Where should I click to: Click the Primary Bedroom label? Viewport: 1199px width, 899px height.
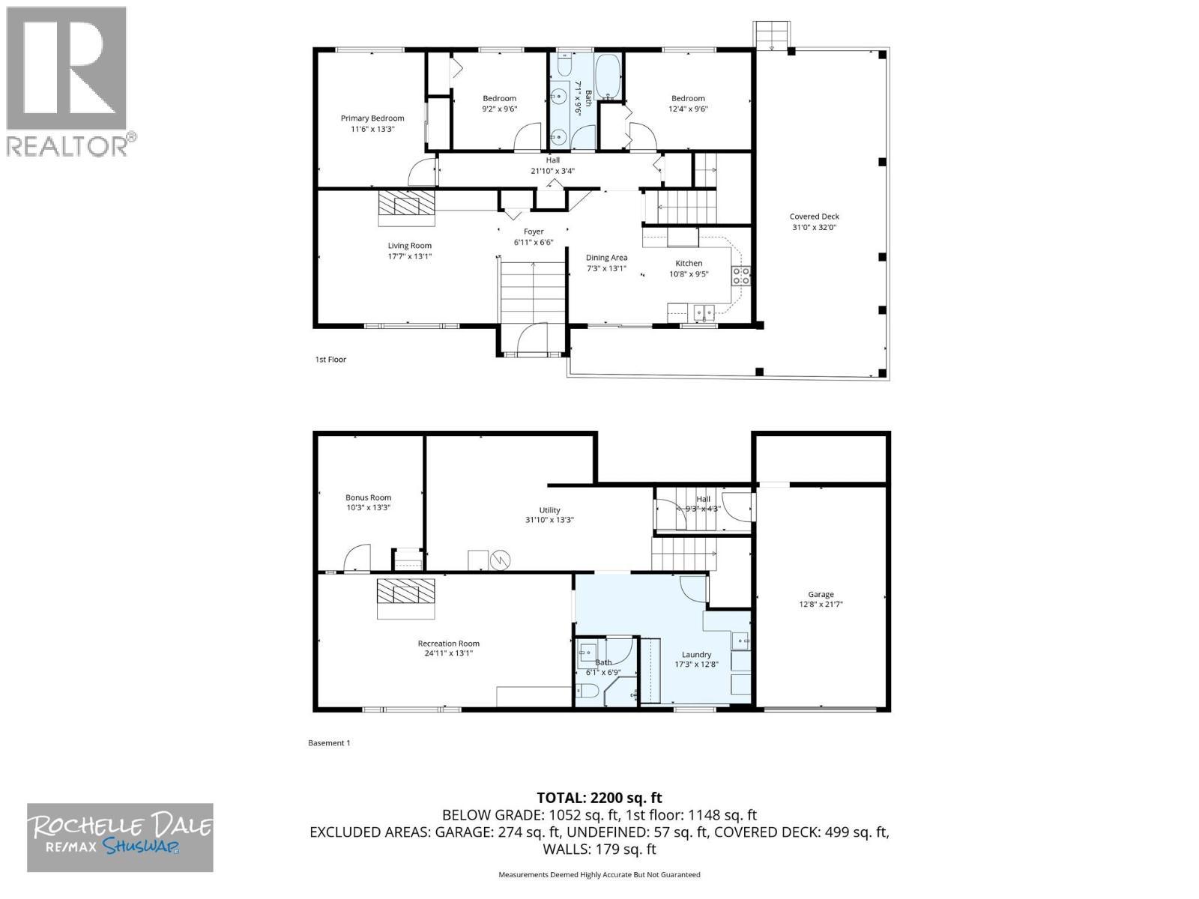pyautogui.click(x=372, y=118)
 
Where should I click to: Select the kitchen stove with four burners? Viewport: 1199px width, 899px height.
pyautogui.click(x=741, y=276)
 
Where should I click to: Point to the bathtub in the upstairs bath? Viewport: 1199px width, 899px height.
pyautogui.click(x=606, y=77)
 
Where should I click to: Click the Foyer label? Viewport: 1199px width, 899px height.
pyautogui.click(x=534, y=231)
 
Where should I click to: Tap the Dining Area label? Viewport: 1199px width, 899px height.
pyautogui.click(x=606, y=258)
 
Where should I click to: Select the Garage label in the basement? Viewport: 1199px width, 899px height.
pyautogui.click(x=821, y=594)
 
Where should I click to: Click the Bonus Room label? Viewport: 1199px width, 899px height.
pyautogui.click(x=368, y=497)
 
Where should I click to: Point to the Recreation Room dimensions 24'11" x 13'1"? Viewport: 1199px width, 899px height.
pyautogui.click(x=448, y=653)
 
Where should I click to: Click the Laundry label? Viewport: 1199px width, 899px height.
pyautogui.click(x=696, y=654)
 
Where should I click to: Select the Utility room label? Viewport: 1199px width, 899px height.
pyautogui.click(x=549, y=510)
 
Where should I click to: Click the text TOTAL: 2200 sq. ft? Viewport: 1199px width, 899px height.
pyautogui.click(x=599, y=798)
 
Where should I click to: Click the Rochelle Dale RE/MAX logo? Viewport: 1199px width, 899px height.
pyautogui.click(x=120, y=837)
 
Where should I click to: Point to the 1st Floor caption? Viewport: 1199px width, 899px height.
pyautogui.click(x=330, y=360)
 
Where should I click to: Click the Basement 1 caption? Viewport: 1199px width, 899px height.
pyautogui.click(x=329, y=743)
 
